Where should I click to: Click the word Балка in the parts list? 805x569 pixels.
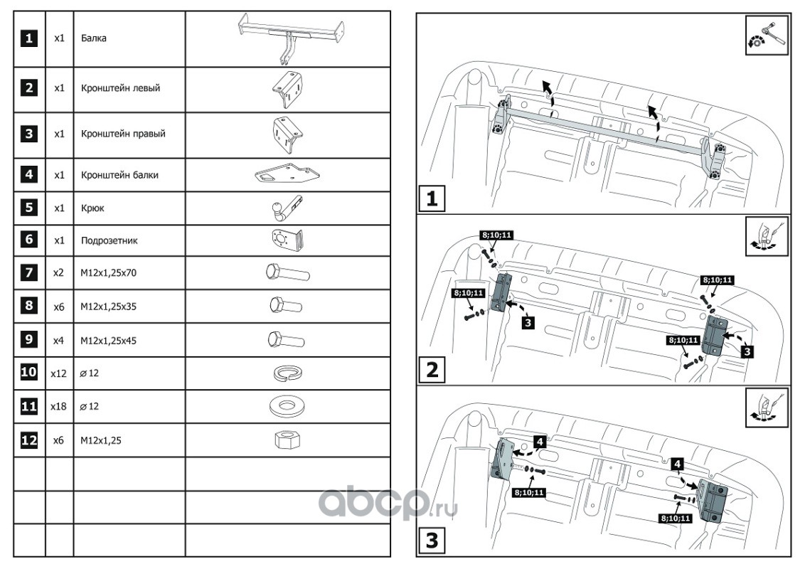coord(93,38)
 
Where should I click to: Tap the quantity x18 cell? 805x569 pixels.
coord(59,408)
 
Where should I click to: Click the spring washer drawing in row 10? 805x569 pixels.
coord(287,373)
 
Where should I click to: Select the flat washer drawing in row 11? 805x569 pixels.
coord(288,407)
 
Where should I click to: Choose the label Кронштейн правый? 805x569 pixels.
coord(123,133)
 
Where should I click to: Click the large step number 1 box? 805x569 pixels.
coord(432,199)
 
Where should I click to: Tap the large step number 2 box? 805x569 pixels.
coord(432,371)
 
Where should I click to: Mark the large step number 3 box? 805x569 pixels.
coord(432,541)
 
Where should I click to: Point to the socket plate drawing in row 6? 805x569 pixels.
coord(287,240)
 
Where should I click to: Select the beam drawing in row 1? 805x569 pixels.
coord(289,37)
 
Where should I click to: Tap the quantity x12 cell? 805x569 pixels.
coord(59,373)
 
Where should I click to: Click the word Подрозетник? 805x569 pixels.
coord(109,240)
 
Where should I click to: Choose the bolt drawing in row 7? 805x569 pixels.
coord(287,273)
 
